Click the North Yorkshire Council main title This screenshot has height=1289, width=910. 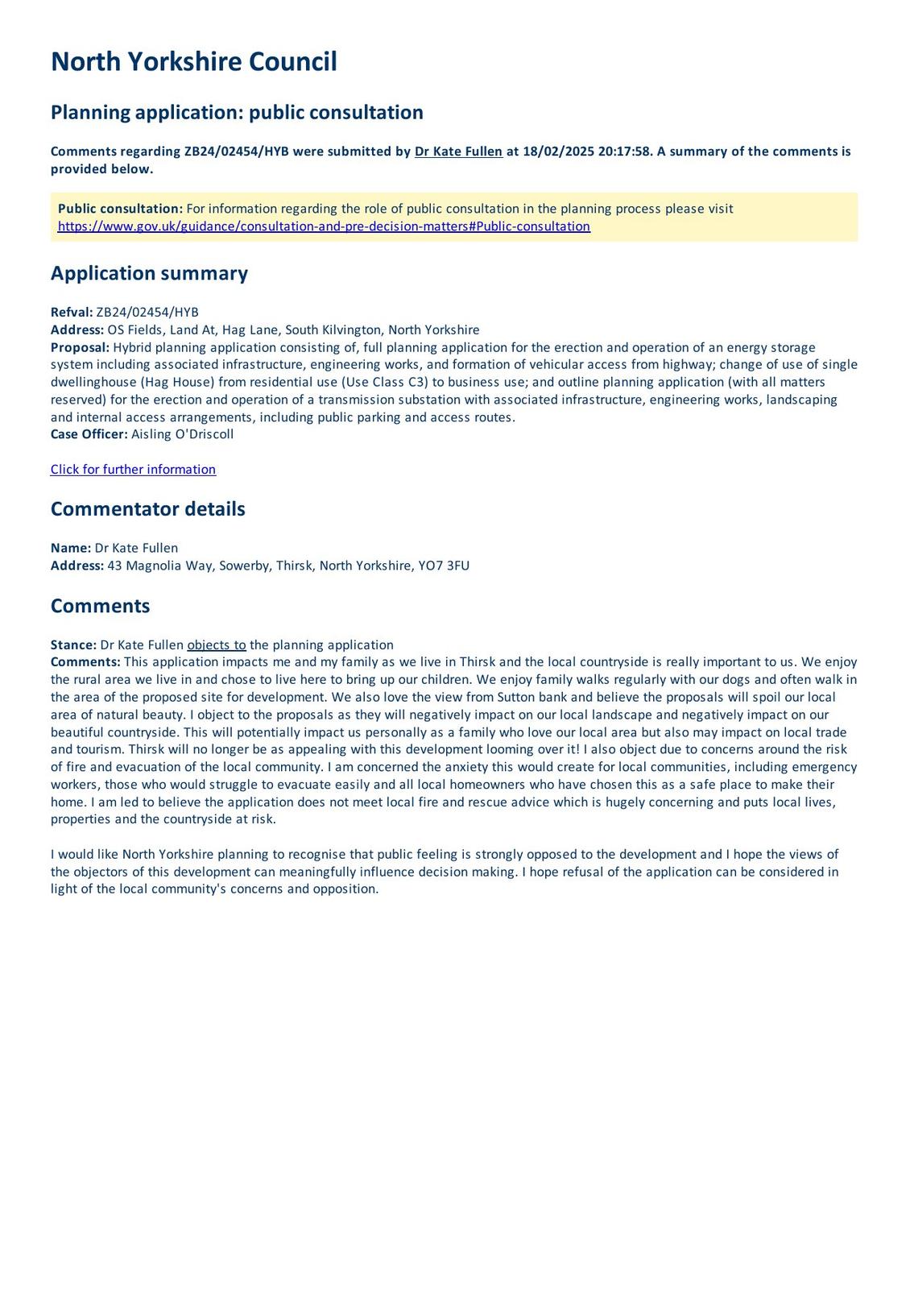tap(193, 62)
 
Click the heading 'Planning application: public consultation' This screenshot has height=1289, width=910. tap(237, 112)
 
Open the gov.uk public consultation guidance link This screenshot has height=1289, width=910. tap(324, 226)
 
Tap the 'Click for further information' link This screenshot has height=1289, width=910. tap(133, 470)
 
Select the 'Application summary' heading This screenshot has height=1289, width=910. tap(149, 273)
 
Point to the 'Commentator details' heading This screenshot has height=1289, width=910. tap(147, 509)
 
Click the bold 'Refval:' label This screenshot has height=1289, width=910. tap(72, 313)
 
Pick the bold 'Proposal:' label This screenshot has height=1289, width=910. tap(80, 347)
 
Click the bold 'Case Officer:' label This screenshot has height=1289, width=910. tap(89, 434)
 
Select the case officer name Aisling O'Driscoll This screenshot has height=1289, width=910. tap(182, 434)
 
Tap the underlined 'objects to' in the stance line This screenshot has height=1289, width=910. tap(217, 645)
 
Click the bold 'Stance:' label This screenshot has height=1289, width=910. tap(73, 645)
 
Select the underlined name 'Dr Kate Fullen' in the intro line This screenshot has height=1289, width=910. tap(458, 151)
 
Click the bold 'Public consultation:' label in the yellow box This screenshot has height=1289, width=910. tap(120, 209)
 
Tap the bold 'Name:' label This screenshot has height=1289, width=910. tap(71, 548)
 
